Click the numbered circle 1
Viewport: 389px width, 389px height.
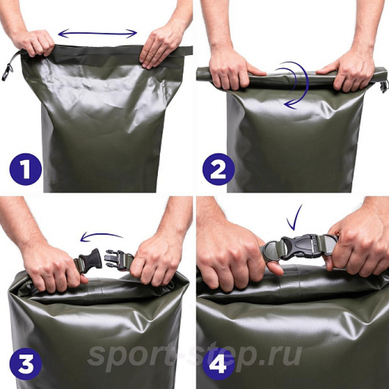click(x=26, y=169)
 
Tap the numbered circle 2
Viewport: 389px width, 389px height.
click(x=218, y=169)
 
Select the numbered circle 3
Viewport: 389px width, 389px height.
click(x=26, y=363)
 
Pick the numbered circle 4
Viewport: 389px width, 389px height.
click(x=218, y=363)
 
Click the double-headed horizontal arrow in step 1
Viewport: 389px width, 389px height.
click(x=97, y=33)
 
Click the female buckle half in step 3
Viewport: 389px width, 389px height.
click(x=90, y=260)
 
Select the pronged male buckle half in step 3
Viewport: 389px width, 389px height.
click(x=116, y=260)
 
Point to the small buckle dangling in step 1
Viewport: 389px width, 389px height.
click(x=7, y=72)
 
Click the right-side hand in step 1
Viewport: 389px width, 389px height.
click(x=161, y=48)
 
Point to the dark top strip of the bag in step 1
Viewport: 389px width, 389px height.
click(x=107, y=55)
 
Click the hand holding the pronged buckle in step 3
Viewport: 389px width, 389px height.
click(x=156, y=261)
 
